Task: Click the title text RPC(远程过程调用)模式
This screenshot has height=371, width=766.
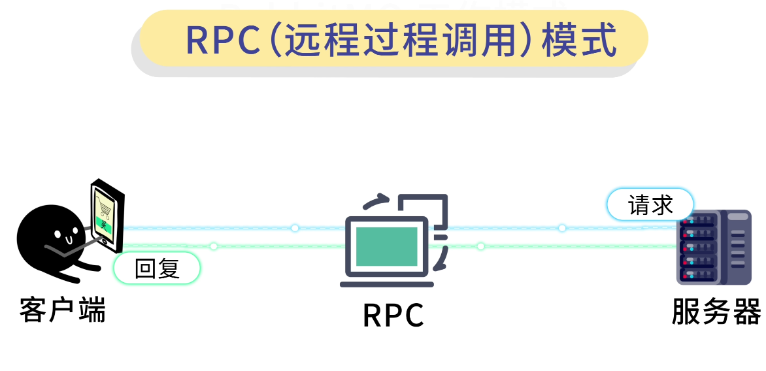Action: coord(401,40)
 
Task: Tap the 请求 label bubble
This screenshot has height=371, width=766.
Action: coord(650,205)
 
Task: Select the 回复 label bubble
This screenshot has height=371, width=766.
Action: coord(157,268)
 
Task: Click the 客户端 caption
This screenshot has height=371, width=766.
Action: coord(62,310)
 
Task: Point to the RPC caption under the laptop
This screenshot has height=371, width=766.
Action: coord(393,315)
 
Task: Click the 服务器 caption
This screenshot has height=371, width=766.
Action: coord(716,312)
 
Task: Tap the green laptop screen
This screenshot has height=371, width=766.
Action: coord(386,247)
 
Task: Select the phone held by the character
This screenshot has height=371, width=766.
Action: coord(107,215)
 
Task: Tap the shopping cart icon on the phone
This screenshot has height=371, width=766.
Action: coord(105,208)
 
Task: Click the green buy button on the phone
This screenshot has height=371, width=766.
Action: coord(104,225)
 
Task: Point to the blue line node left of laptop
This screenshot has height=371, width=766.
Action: coord(295,228)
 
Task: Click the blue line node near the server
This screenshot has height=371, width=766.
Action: coord(562,228)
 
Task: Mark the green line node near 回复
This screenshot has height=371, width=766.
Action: coord(214,246)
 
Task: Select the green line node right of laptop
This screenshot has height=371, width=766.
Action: coord(481,246)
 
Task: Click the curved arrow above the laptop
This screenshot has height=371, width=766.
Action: coord(376,201)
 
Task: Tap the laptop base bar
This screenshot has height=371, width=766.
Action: coord(386,283)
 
